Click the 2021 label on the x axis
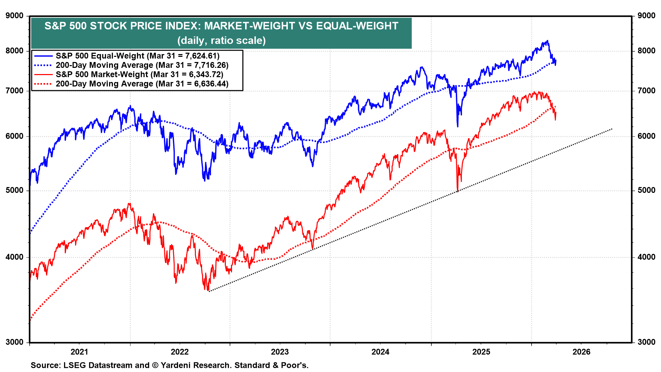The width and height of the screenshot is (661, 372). pos(79,352)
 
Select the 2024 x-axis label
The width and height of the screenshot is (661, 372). pos(380,352)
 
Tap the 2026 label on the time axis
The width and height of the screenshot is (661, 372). pos(581,352)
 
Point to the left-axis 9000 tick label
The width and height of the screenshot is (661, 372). pos(14,16)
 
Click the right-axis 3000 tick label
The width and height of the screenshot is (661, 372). pos(646,342)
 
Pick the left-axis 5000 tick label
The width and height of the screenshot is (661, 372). pos(14,190)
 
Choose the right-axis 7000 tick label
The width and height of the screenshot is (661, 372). pos(646,91)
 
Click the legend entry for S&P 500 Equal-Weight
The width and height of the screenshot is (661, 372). pos(100,56)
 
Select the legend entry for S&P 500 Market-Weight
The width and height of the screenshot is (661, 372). pos(102,74)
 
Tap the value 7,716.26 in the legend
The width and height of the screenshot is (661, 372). pos(208,65)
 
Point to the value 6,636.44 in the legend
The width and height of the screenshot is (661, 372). pos(208,84)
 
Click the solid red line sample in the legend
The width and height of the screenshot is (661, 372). pos(43,74)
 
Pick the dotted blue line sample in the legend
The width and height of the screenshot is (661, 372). pos(43,65)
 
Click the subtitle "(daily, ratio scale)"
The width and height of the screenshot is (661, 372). pos(221,40)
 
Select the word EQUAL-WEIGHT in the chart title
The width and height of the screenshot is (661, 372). pos(357,26)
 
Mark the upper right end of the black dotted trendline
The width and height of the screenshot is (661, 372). pos(612,129)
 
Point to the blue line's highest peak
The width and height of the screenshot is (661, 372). pos(547,41)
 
